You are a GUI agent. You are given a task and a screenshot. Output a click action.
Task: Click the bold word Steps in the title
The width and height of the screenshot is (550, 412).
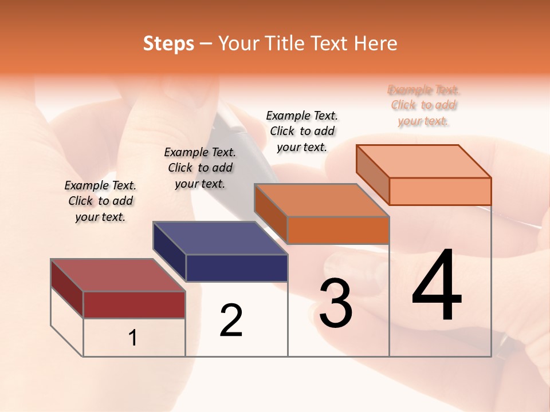click(168, 43)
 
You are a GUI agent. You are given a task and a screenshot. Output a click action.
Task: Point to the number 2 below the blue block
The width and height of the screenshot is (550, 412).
click(231, 320)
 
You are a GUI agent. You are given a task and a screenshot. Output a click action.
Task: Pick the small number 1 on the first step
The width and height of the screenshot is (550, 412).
click(133, 338)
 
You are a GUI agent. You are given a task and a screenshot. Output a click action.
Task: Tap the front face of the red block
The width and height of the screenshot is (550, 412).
click(134, 304)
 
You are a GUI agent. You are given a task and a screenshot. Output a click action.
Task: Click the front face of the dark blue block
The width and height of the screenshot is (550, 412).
click(237, 268)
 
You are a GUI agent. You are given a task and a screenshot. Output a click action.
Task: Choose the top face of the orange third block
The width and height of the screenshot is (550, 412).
click(321, 200)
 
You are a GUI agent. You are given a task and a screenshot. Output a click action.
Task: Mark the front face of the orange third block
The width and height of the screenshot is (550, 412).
click(338, 230)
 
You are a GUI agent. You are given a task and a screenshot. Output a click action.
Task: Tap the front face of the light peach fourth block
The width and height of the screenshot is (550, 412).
click(440, 191)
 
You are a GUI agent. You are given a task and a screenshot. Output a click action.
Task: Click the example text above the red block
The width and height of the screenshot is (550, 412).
click(100, 201)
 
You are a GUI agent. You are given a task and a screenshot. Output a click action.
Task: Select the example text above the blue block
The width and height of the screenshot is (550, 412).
click(200, 168)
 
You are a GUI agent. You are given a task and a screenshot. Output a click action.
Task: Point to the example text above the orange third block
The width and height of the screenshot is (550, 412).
click(302, 131)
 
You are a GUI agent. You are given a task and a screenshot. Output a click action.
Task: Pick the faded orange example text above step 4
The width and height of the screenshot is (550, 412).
click(423, 105)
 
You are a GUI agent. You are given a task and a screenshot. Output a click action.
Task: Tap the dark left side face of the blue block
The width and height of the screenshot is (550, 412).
click(170, 252)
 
